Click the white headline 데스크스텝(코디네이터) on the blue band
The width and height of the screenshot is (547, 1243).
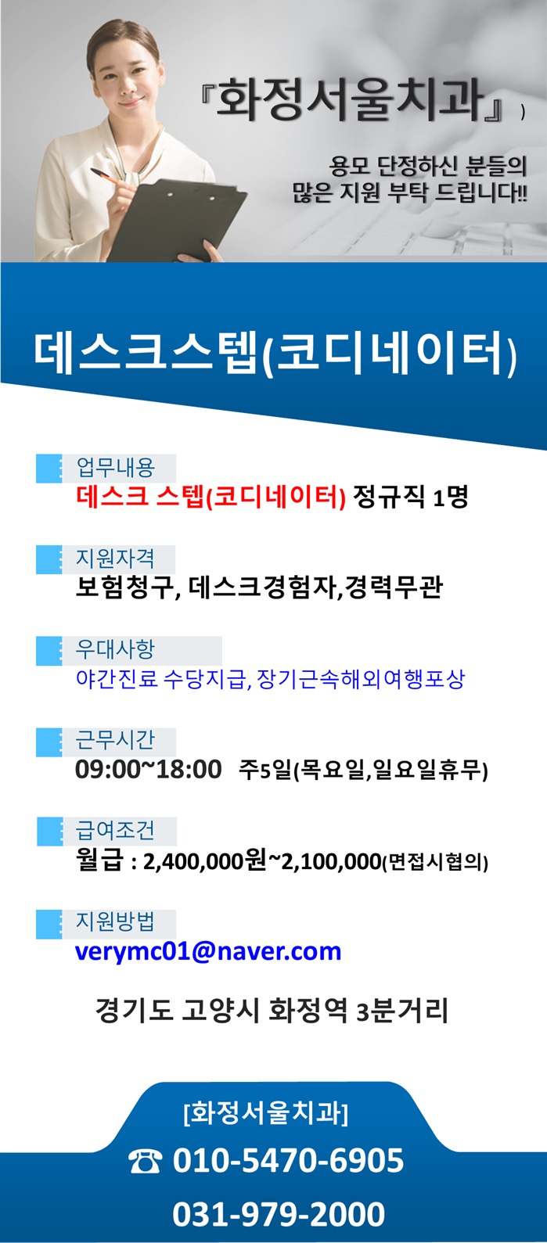tap(275, 354)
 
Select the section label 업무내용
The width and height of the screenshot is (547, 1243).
tap(116, 467)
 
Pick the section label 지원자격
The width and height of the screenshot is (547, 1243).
tap(115, 559)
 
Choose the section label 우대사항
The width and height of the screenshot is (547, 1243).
tap(115, 649)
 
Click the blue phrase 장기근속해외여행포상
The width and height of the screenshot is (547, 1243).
tap(361, 679)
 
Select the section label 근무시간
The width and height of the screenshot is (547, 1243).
tap(115, 740)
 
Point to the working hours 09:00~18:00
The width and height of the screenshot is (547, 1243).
tap(148, 769)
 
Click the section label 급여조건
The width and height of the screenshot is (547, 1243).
tap(115, 830)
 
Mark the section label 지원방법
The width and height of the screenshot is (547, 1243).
tap(115, 921)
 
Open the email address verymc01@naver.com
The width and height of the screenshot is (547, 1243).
tap(208, 952)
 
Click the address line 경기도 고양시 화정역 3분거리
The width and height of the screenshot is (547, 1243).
tap(272, 1010)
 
